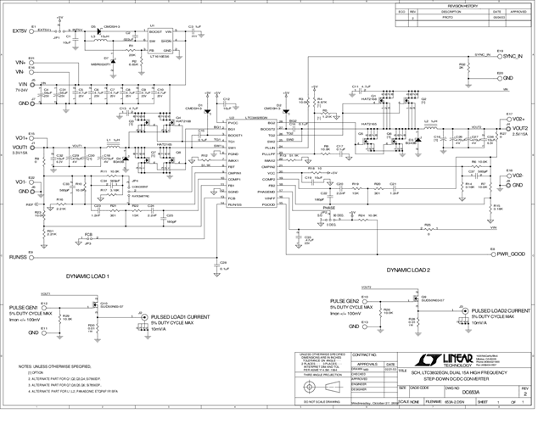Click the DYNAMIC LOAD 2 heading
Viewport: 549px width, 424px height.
click(x=409, y=270)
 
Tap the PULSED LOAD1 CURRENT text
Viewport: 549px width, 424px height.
click(x=179, y=317)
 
